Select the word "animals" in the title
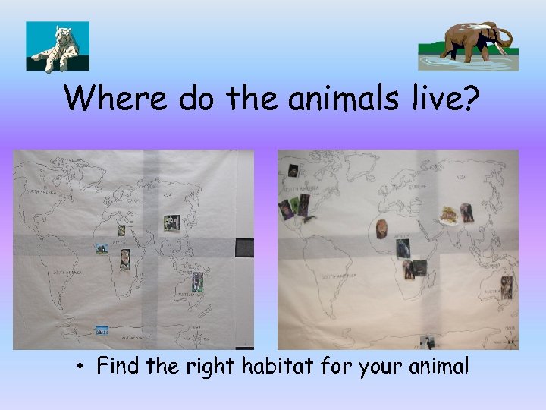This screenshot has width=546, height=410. tap(338, 99)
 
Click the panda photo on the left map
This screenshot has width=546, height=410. tap(171, 222)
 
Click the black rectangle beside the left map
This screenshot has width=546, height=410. tap(244, 248)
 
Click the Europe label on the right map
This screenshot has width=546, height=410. tap(416, 186)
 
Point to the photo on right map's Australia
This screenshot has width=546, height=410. tap(506, 287)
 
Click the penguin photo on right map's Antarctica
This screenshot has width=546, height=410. tap(430, 342)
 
